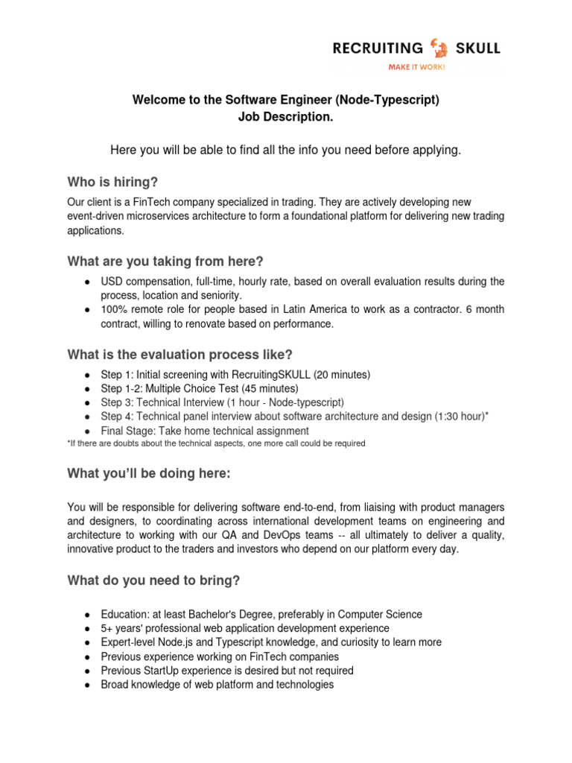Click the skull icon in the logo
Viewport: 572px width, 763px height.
point(439,49)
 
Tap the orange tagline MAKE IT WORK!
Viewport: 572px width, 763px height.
point(417,67)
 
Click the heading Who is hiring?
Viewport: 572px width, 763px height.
point(112,183)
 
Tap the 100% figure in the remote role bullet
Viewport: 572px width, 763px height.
point(112,310)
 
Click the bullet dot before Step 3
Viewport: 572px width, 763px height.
point(87,403)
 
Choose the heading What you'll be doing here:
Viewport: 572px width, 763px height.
point(149,474)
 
